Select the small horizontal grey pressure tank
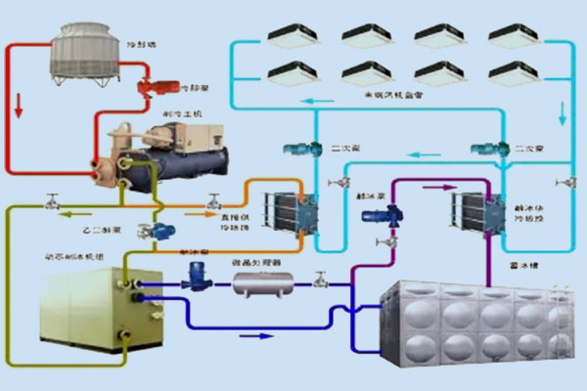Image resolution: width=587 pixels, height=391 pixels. (x=261, y=284)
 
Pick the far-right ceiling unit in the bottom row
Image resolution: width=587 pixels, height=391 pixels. (x=514, y=72)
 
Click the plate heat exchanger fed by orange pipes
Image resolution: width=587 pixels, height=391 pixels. (x=293, y=209)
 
